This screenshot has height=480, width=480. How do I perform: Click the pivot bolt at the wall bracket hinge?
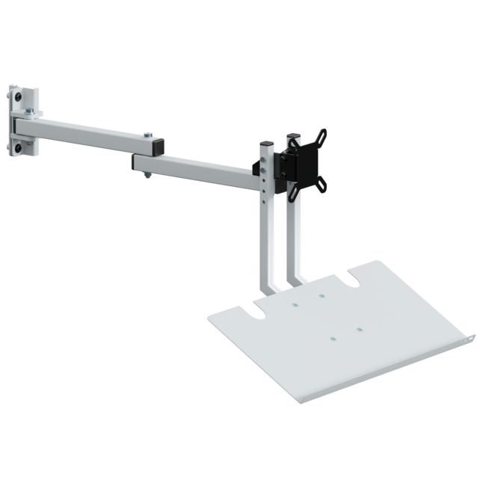pyautogui.click(x=28, y=111)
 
